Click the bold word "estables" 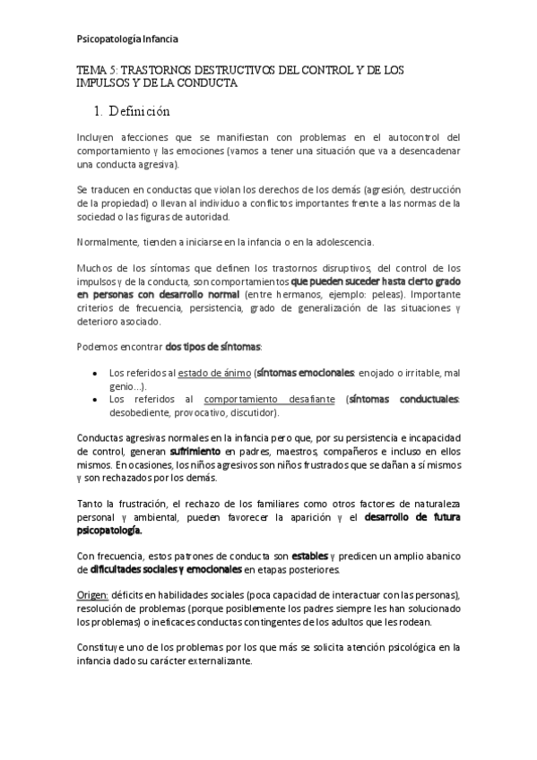pyautogui.click(x=310, y=556)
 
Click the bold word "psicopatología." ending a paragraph pyautogui.click(x=109, y=530)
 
